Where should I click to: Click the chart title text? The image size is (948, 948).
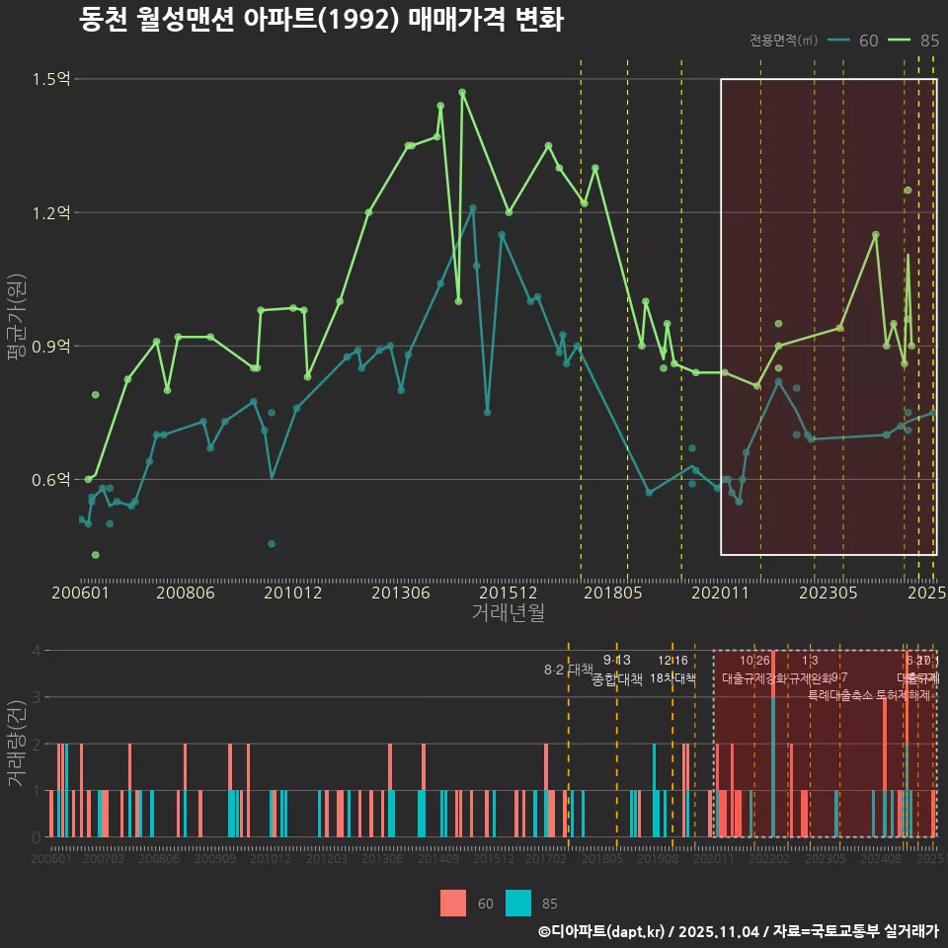coord(321,20)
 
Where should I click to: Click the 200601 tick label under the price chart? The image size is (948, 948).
coord(80,593)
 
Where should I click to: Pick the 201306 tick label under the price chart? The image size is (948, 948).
coord(400,593)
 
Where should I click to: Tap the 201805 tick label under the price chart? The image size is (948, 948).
coord(612,593)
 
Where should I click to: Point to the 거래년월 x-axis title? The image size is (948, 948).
coord(508,613)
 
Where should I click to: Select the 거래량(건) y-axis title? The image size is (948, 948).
coord(16,743)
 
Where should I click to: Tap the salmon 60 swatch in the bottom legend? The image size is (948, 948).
coord(453,903)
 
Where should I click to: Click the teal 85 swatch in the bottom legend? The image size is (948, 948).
coord(517,903)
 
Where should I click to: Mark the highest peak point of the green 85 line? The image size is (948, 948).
coord(462,92)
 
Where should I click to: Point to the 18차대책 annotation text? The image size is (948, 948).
coord(672,678)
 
